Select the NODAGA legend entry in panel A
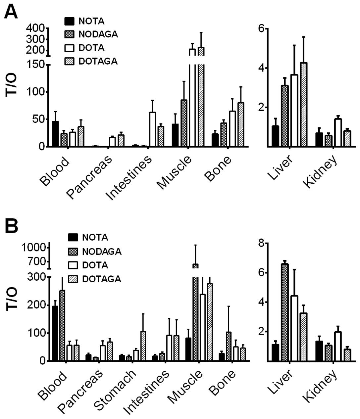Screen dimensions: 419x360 [98, 34]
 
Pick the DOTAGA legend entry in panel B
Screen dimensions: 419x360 [101, 279]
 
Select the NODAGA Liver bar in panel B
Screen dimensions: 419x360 [284, 312]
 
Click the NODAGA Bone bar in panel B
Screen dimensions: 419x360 [229, 346]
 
